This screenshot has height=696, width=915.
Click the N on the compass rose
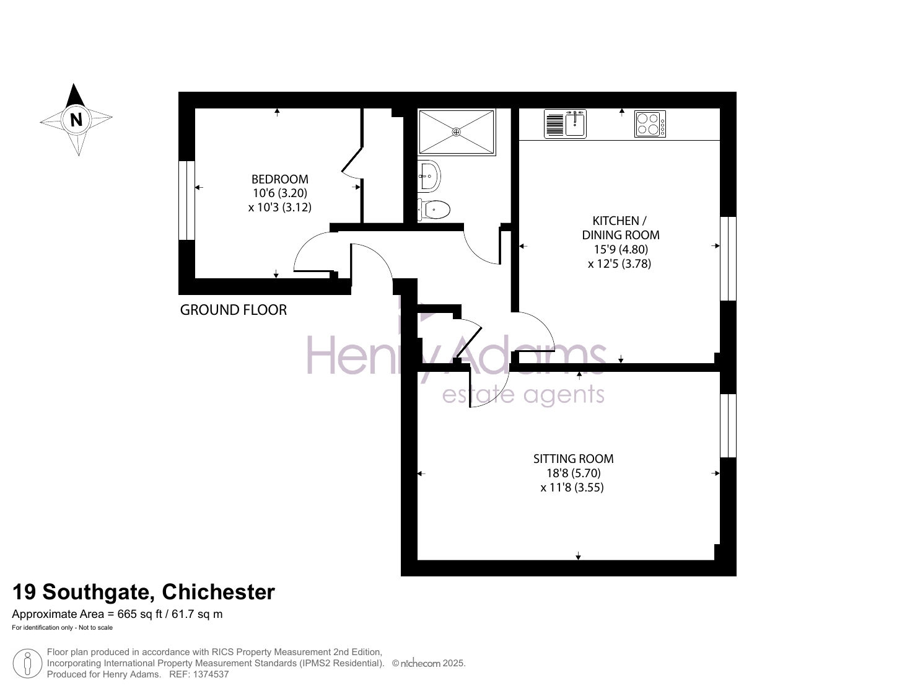pos(76,120)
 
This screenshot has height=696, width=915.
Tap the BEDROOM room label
pos(280,179)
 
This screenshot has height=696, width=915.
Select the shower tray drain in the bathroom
pos(457,132)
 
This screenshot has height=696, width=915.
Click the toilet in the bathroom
pos(434,209)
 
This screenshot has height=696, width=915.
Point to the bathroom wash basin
pos(429,176)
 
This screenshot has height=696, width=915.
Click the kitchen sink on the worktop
pos(565,124)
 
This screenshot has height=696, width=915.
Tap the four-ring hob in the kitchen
pos(650,124)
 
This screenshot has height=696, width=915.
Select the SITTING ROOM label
pos(573,459)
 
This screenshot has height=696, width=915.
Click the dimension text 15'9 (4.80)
pos(621,249)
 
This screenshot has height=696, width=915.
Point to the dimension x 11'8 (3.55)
pos(572,487)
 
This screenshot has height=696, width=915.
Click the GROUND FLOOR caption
pos(234,310)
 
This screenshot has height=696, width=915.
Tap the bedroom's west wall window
pos(186,201)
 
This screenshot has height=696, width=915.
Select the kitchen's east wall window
pos(729,258)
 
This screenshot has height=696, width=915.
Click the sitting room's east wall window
pos(729,426)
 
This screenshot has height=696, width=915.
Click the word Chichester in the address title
pos(218,592)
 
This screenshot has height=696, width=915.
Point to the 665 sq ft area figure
pos(139,614)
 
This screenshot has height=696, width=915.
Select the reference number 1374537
pos(211,674)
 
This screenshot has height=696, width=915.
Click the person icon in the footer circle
pos(27,664)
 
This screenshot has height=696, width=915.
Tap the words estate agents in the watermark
pos(523,395)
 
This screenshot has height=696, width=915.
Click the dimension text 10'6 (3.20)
pos(280,193)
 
